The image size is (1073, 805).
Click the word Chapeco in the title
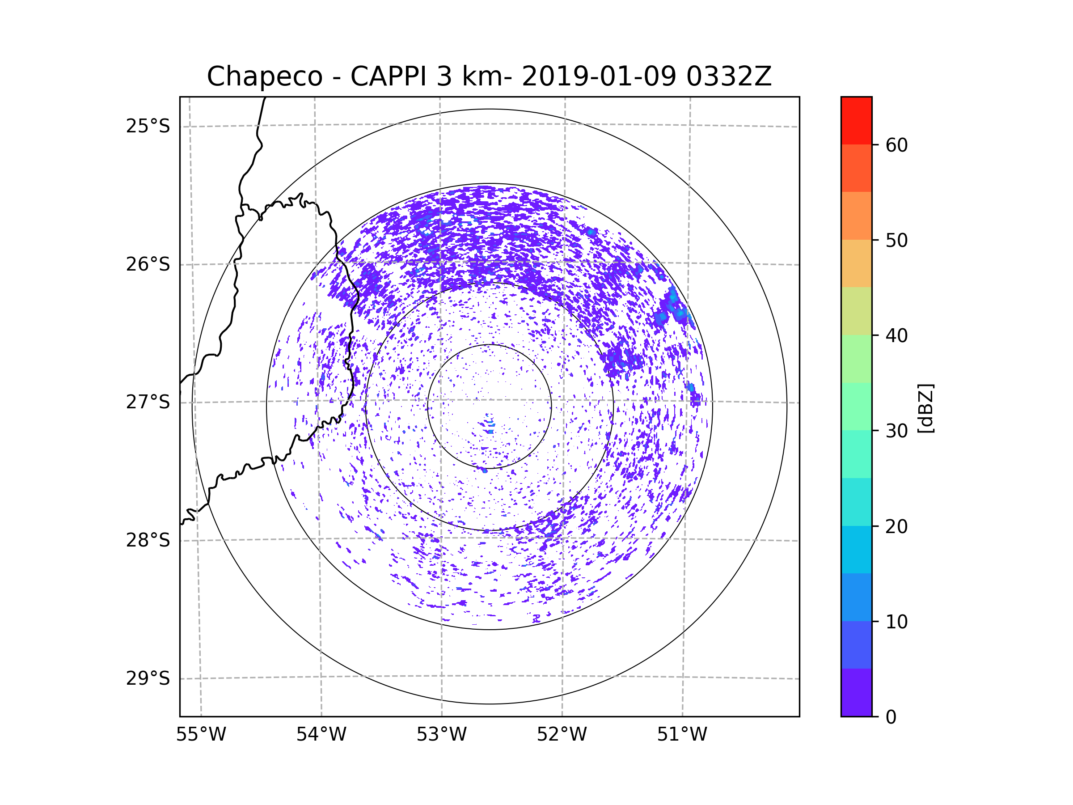[264, 76]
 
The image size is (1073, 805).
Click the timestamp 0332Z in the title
[729, 76]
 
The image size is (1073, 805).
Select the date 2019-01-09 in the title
[599, 76]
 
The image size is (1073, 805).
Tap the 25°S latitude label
[148, 126]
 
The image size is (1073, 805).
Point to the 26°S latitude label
[148, 264]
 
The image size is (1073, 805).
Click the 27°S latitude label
[148, 402]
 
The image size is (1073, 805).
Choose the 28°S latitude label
[148, 540]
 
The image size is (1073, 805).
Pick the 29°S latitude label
[148, 678]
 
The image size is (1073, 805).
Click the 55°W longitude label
[201, 735]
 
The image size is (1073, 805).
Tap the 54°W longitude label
[321, 735]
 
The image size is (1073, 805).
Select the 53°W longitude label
[441, 735]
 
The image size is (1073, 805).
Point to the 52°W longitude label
[562, 735]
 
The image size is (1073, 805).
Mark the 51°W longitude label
[682, 735]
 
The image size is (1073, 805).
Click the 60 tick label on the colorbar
[896, 145]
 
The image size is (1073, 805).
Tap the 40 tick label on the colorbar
[896, 336]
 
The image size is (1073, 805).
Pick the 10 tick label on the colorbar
[896, 622]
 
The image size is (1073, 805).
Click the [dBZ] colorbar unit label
[925, 408]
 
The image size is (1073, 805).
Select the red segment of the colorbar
[856, 120]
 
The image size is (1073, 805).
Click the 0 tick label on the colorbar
[891, 717]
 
